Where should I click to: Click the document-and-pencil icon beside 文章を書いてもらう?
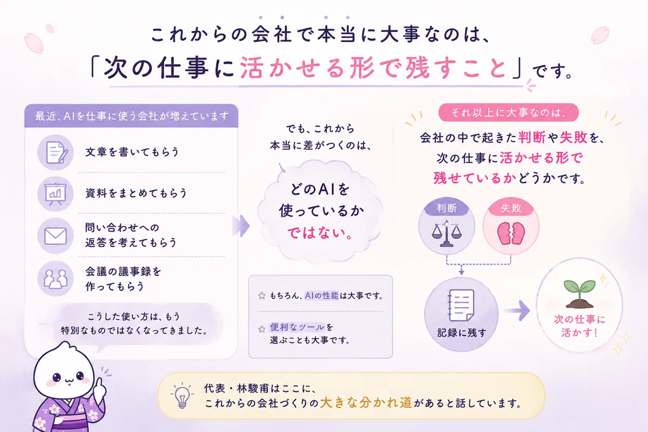(x=57, y=152)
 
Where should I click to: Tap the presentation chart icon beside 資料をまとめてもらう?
(x=55, y=194)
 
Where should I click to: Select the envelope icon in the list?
(x=55, y=236)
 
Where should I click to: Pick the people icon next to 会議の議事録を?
(x=55, y=279)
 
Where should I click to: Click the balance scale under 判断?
(x=447, y=234)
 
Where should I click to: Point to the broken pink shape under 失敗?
(x=511, y=233)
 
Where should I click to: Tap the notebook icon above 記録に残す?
(x=461, y=305)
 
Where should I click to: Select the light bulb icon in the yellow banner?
(x=182, y=396)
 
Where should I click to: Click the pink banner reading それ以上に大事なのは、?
(x=508, y=112)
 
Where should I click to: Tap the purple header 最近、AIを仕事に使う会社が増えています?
(x=131, y=116)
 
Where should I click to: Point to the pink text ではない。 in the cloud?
(x=320, y=233)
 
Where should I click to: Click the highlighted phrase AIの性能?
(x=321, y=296)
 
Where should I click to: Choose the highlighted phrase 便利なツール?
(x=297, y=327)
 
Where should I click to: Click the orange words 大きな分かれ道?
(x=366, y=402)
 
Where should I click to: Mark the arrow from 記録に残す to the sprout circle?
(x=517, y=310)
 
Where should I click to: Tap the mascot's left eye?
(x=57, y=377)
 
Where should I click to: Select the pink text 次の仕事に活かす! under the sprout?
(x=579, y=326)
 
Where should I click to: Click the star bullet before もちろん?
(x=262, y=296)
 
